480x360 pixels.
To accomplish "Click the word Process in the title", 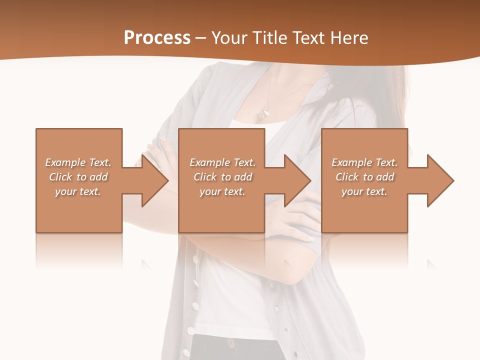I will pyautogui.click(x=157, y=38).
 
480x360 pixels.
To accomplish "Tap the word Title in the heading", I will pyautogui.click(x=268, y=38).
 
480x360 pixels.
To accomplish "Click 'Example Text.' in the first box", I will pyautogui.click(x=78, y=162).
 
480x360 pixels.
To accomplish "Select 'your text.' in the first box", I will pyautogui.click(x=78, y=191).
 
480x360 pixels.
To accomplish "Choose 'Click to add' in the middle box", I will pyautogui.click(x=222, y=177).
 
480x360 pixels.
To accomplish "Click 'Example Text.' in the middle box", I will pyautogui.click(x=222, y=162).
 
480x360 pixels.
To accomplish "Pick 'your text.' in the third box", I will pyautogui.click(x=364, y=191).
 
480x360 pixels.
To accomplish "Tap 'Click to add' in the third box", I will pyautogui.click(x=364, y=177).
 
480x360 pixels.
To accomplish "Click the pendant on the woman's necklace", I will pyautogui.click(x=262, y=114).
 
